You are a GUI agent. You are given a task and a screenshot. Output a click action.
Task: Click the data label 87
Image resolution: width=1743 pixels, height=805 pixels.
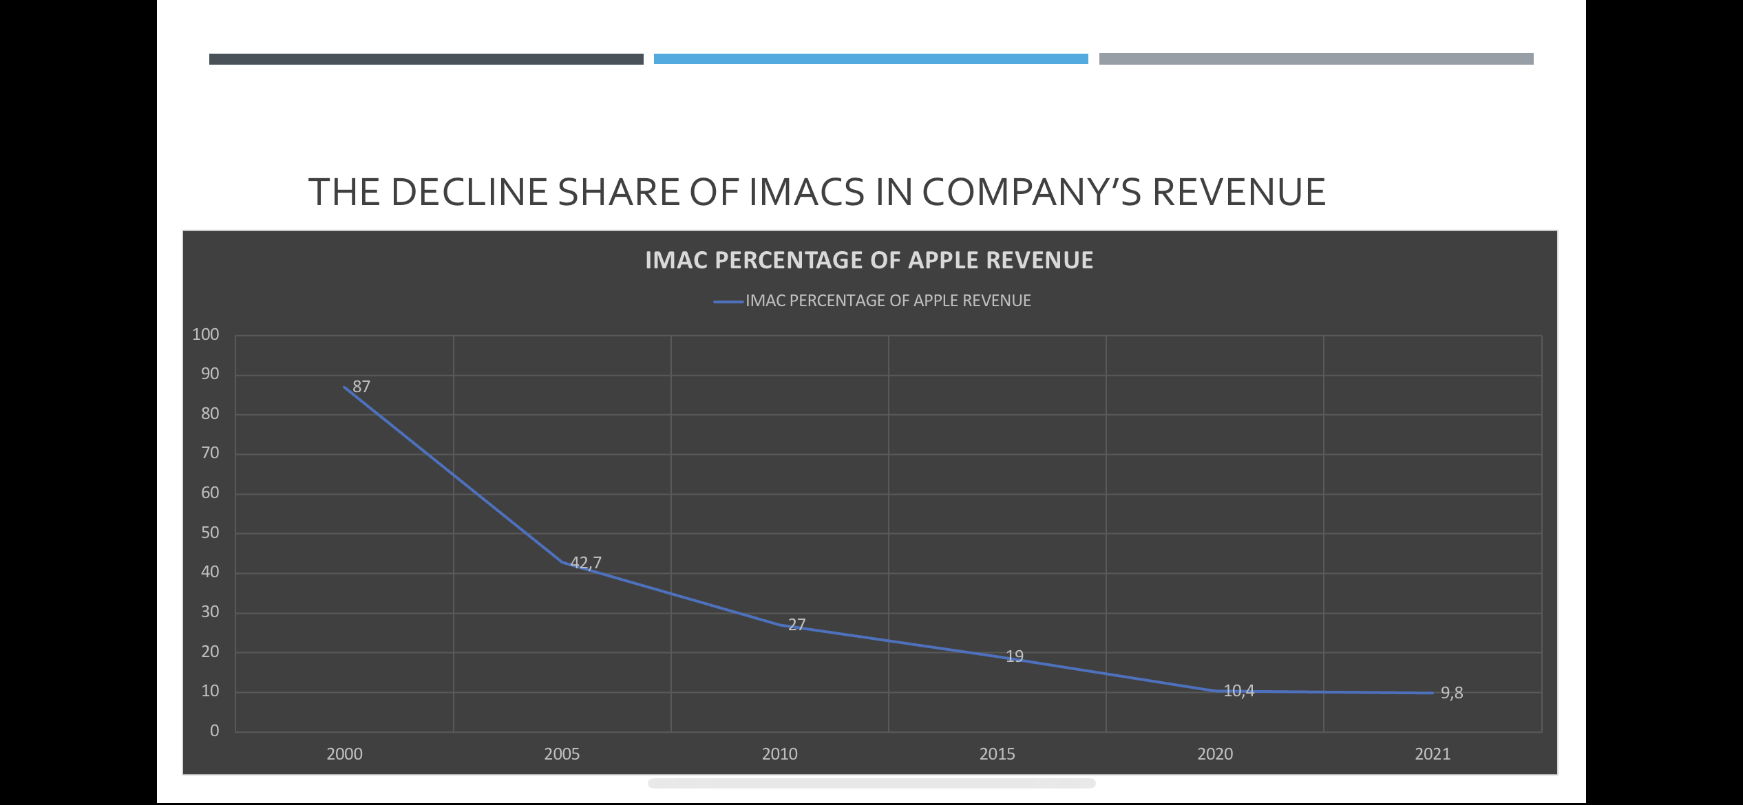(361, 387)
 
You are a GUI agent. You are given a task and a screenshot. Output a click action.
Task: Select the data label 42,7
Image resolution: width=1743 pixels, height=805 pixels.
(586, 563)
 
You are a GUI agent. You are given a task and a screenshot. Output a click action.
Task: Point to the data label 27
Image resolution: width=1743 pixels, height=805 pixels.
(796, 625)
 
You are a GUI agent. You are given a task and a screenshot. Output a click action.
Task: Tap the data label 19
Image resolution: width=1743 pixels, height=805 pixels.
(1015, 656)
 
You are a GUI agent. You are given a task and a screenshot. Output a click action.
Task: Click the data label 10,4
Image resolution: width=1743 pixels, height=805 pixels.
(1239, 691)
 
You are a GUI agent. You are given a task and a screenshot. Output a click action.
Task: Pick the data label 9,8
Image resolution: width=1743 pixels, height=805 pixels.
(1452, 693)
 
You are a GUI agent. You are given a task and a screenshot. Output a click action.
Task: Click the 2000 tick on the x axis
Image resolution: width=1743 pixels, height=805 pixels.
(344, 754)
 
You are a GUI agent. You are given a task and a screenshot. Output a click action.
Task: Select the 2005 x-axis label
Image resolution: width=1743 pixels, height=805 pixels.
(562, 754)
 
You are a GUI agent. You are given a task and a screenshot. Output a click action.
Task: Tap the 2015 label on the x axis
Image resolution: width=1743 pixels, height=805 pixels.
(997, 754)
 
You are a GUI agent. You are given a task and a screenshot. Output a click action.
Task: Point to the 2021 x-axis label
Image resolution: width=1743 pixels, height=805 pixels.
(1433, 754)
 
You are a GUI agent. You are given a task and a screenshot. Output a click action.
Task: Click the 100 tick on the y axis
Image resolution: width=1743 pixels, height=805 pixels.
(205, 335)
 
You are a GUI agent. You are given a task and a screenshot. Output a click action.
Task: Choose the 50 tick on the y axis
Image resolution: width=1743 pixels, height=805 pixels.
(210, 533)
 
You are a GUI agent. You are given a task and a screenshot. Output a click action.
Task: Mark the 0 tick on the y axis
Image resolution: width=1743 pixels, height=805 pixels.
(215, 731)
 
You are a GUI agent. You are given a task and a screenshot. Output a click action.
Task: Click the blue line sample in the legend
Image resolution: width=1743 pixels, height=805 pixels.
(728, 301)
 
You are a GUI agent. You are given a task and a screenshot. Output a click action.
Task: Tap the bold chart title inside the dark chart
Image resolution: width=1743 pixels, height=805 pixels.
(869, 260)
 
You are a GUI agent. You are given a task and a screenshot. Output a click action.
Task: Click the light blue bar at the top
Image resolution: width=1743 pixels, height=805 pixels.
(871, 59)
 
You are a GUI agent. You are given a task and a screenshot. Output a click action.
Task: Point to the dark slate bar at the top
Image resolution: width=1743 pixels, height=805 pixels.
(426, 59)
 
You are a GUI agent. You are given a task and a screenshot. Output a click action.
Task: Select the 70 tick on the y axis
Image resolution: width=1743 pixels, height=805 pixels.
(210, 453)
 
